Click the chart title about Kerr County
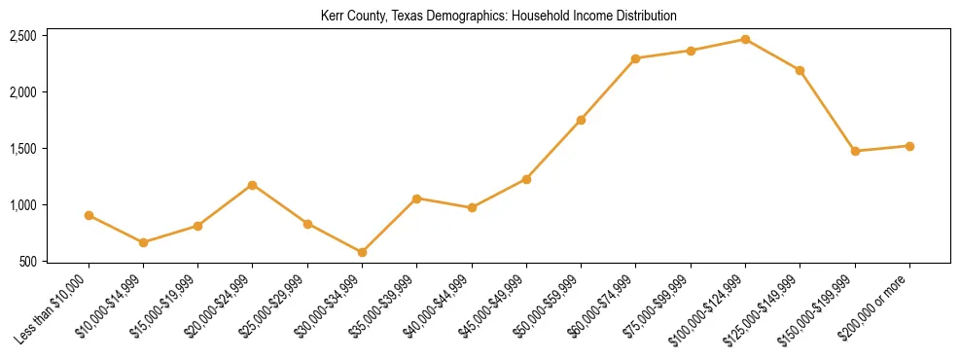498,17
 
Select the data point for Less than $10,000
89,215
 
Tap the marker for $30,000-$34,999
362,252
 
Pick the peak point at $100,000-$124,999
745,39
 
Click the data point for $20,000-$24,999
253,185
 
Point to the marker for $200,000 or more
909,146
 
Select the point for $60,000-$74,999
635,58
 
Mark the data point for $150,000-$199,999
855,151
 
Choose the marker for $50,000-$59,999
581,120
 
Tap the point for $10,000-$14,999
143,242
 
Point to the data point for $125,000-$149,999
800,70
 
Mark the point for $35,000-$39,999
416,198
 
